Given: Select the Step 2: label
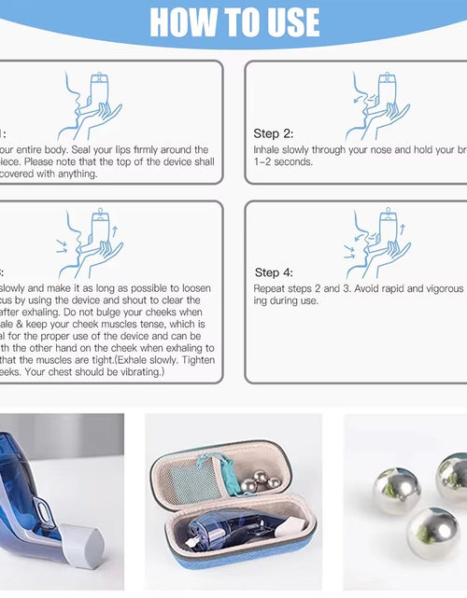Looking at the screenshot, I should click(x=274, y=133).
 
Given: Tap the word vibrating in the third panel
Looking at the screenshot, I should click(x=140, y=371).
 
